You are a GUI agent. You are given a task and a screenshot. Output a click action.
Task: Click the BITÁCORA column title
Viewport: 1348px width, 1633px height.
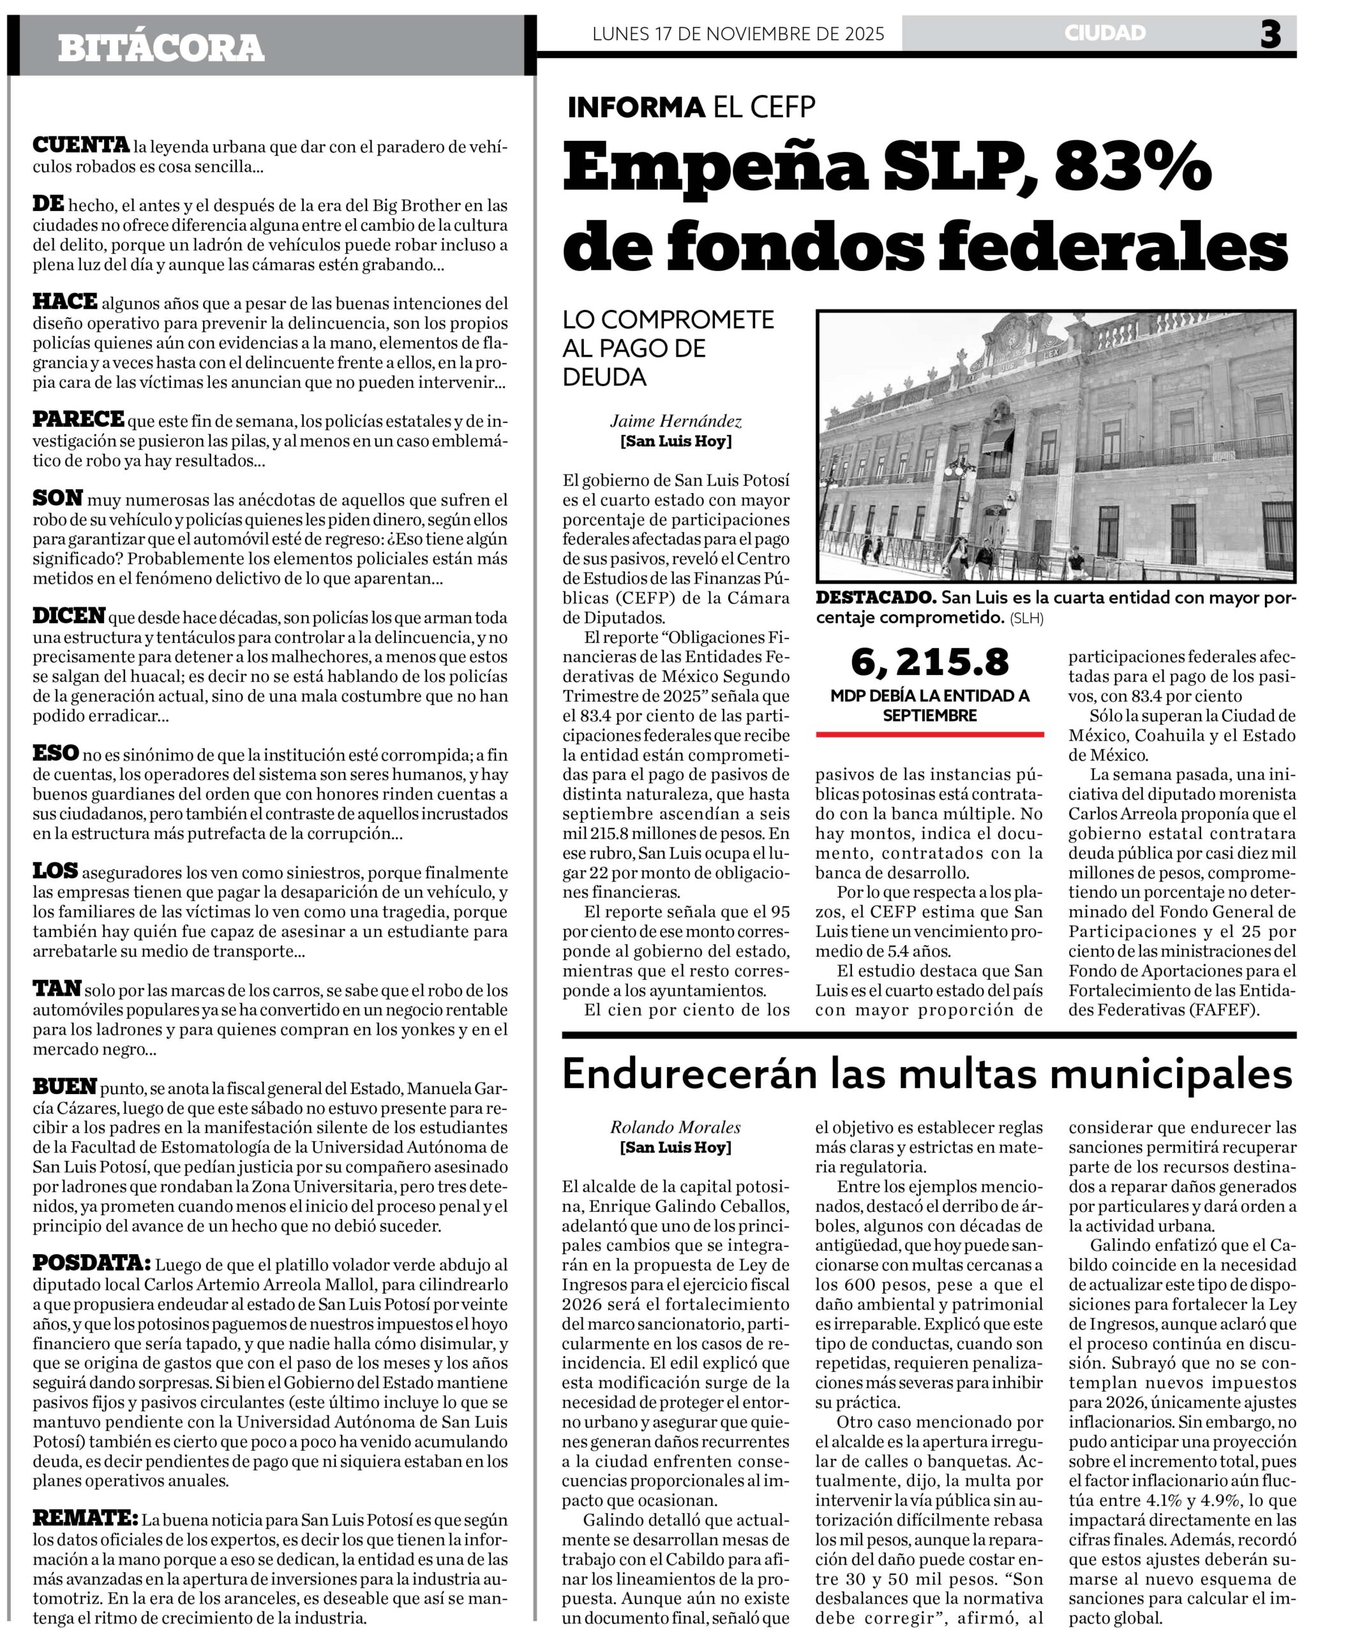(161, 48)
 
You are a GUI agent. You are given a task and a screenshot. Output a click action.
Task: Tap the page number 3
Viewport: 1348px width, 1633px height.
(1270, 34)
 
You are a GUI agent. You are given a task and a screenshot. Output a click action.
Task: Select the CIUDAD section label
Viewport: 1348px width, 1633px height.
(1105, 33)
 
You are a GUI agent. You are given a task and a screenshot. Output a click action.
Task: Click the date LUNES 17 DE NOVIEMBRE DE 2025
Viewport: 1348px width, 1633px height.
(738, 34)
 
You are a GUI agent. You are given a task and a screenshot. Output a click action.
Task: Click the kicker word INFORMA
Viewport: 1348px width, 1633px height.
(636, 107)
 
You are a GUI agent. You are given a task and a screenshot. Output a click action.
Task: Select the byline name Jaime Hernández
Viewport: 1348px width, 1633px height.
(675, 422)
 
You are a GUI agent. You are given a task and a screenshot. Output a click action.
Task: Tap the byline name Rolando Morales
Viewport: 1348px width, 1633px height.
(675, 1127)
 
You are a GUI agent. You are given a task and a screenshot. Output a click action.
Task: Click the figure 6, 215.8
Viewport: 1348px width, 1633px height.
(929, 662)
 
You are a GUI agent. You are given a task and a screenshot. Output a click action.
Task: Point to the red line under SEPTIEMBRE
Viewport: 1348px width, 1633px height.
(929, 734)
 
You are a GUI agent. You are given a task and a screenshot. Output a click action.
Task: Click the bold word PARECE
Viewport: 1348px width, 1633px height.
(78, 419)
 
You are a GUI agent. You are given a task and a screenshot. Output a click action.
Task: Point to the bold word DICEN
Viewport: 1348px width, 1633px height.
(69, 616)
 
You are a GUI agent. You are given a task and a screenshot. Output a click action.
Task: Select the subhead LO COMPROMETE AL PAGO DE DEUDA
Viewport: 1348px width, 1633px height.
(668, 348)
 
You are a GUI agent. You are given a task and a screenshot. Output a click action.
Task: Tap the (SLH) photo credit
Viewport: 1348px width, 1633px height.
(1026, 619)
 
